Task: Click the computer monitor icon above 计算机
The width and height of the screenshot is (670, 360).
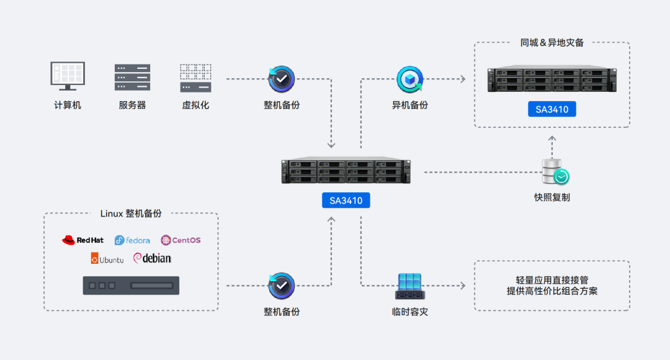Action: coord(68,76)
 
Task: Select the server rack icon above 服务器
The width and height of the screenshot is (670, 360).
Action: coord(132,78)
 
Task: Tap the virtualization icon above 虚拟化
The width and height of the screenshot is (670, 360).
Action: coord(195,78)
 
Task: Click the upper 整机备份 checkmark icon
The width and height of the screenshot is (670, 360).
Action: coord(282,79)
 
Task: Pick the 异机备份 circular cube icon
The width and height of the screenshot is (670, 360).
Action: coord(410,79)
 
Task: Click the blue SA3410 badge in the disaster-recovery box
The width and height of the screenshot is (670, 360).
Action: coord(552,109)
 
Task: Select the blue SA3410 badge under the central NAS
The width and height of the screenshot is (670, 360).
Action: coord(346,200)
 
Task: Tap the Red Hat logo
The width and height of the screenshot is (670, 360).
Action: coord(83,240)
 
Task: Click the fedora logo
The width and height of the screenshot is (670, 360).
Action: coord(133,240)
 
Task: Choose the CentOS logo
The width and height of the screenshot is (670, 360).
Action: coord(181,240)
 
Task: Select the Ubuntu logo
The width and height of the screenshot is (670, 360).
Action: coord(107,259)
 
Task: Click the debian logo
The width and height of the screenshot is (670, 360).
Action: coord(152,258)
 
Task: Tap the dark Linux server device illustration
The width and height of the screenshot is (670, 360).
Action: coord(131,286)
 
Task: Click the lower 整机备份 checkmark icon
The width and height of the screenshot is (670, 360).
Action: coord(282,286)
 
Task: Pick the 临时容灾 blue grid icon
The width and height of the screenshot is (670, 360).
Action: coord(410,286)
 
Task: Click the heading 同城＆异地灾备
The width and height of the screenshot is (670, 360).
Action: coord(552,43)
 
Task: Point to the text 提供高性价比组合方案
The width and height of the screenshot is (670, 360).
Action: coord(552,292)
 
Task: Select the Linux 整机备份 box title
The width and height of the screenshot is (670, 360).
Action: coord(131,214)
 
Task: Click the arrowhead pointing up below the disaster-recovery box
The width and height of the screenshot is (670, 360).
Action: coord(552,138)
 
